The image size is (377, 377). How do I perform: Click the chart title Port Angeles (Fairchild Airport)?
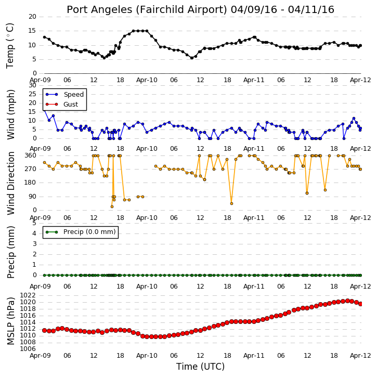click(x=147, y=10)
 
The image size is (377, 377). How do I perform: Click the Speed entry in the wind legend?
click(x=73, y=94)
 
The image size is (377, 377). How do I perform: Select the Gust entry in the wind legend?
click(x=71, y=105)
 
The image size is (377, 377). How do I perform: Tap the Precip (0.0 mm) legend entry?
click(x=89, y=232)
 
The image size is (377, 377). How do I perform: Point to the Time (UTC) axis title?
click(x=200, y=367)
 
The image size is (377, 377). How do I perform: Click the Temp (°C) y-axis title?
click(x=10, y=46)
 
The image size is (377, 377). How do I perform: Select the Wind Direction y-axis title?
click(x=10, y=183)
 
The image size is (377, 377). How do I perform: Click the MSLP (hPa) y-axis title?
click(x=10, y=321)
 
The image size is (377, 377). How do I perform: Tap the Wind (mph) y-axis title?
click(x=10, y=114)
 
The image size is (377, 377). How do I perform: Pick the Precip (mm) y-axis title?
click(x=10, y=252)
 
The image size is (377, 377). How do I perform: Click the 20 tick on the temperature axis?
click(x=32, y=17)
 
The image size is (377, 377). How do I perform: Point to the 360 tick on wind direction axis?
click(x=31, y=155)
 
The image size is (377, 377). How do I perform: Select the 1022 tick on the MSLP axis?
click(x=28, y=295)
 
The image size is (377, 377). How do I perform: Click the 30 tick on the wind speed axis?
click(x=32, y=85)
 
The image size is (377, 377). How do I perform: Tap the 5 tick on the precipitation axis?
click(x=34, y=223)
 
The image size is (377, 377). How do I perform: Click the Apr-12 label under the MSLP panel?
click(x=360, y=355)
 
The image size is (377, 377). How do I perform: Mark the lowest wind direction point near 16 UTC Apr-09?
click(x=112, y=207)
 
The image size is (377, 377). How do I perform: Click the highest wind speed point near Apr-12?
click(x=354, y=118)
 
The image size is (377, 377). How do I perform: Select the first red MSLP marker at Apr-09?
click(x=44, y=331)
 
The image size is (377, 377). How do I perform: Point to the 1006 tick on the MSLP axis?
click(x=28, y=349)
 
